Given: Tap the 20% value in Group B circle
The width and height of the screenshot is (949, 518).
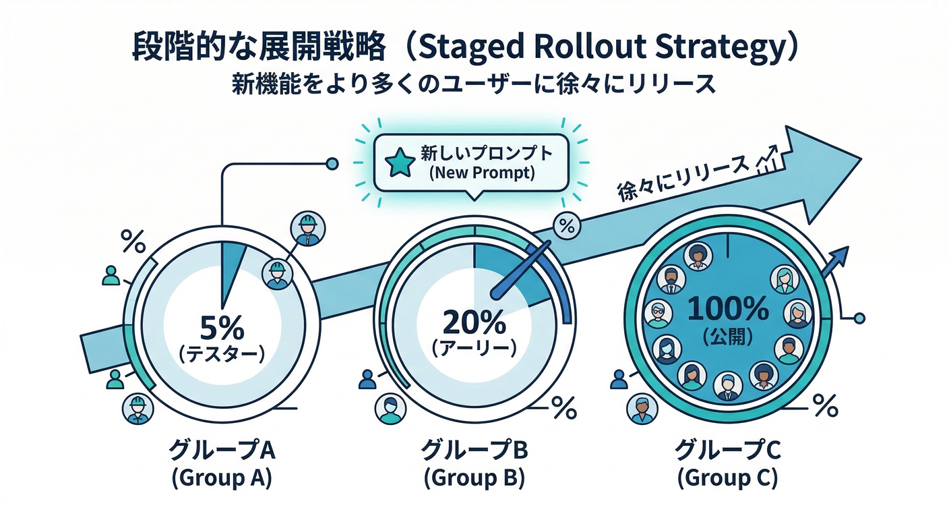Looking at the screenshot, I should pyautogui.click(x=474, y=323).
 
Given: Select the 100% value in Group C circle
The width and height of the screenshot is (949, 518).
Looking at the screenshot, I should pyautogui.click(x=728, y=310).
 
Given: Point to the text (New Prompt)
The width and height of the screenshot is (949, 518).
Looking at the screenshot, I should pyautogui.click(x=481, y=173).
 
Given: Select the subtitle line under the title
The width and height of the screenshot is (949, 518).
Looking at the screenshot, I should pyautogui.click(x=474, y=86).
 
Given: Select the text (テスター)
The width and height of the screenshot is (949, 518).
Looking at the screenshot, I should pyautogui.click(x=221, y=355).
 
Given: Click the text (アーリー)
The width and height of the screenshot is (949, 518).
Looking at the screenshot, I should pyautogui.click(x=474, y=349).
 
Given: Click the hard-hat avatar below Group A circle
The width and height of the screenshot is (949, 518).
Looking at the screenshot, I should pyautogui.click(x=137, y=408).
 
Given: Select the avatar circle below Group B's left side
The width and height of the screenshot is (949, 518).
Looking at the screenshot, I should pyautogui.click(x=390, y=408).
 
